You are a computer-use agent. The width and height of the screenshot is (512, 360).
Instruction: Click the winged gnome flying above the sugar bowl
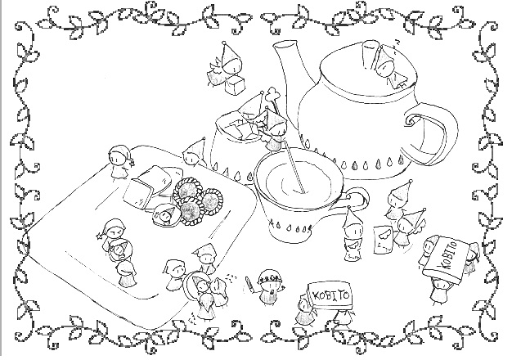[x=225, y=64]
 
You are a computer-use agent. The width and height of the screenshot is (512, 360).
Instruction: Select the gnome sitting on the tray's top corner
[x=119, y=162]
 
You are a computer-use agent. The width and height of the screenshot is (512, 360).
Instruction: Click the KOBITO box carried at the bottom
[x=330, y=295]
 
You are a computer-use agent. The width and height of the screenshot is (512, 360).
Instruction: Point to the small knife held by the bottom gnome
[x=249, y=284]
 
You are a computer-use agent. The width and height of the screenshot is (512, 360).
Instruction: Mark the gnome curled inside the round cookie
[x=167, y=214]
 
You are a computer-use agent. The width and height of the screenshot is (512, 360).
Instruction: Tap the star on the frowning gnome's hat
[x=98, y=235]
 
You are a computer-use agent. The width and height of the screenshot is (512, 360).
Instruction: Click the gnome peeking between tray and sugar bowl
[x=194, y=154]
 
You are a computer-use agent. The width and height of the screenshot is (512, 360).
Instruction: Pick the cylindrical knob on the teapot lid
[x=368, y=55]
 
